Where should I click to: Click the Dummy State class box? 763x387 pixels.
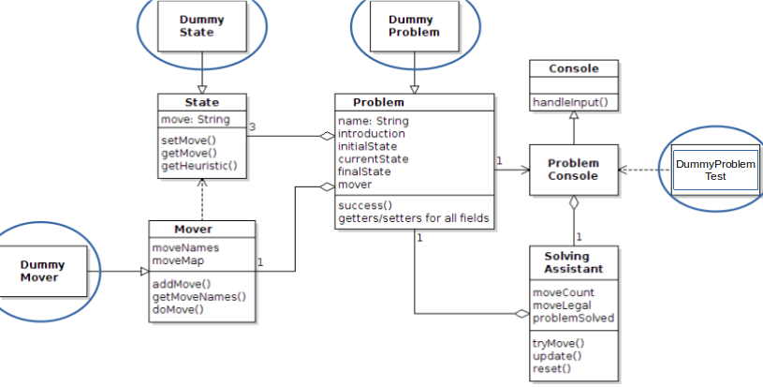(x=202, y=25)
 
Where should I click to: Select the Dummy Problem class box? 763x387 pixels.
(x=411, y=25)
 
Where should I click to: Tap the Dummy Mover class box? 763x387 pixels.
(x=43, y=271)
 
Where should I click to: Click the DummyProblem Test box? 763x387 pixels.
(x=714, y=170)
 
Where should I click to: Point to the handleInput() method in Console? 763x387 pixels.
(x=564, y=102)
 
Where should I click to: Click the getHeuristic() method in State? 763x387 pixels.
(x=199, y=167)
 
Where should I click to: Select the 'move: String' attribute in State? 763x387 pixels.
(x=195, y=120)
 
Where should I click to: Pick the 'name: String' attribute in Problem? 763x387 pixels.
(x=373, y=121)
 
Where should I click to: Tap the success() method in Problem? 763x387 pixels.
(x=365, y=205)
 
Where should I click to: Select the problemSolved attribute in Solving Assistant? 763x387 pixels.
(x=573, y=318)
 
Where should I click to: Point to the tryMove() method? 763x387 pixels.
(x=558, y=343)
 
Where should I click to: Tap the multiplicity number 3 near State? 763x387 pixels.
(x=253, y=127)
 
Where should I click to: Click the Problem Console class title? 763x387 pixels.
(x=573, y=170)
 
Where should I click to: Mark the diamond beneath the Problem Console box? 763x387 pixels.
(x=574, y=203)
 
